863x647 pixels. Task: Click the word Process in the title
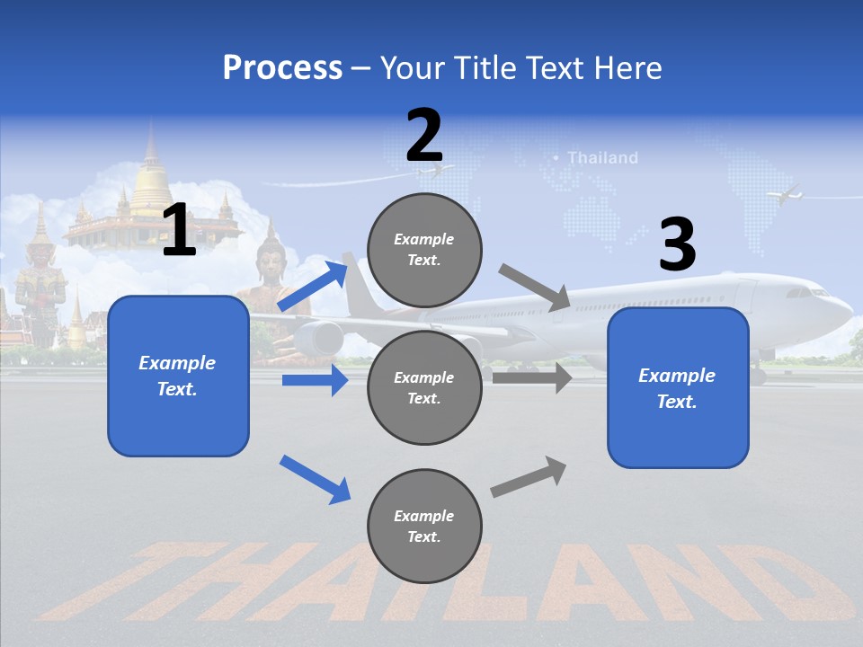point(282,68)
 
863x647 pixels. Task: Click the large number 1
point(179,230)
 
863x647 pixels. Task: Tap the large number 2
point(424,136)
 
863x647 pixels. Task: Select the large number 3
point(677,244)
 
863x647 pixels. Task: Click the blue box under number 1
point(178,376)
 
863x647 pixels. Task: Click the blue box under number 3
point(678,387)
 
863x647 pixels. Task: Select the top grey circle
point(424,250)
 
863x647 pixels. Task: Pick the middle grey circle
point(424,387)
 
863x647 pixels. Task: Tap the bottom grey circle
point(424,526)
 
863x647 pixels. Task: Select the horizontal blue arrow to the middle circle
point(315,380)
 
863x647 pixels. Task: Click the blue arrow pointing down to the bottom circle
point(315,479)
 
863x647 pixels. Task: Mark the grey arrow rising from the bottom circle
point(529,477)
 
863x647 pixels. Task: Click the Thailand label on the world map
point(602,158)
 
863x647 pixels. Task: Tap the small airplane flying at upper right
point(785,194)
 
